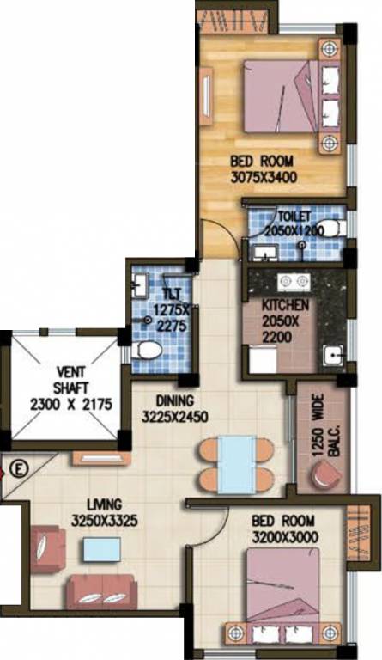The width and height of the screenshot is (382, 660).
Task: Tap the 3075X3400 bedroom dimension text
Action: pyautogui.click(x=264, y=177)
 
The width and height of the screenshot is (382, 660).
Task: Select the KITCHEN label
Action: pyautogui.click(x=285, y=305)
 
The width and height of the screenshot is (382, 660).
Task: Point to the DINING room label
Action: pyautogui.click(x=175, y=400)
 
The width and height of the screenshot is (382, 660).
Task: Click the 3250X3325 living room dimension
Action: pyautogui.click(x=104, y=521)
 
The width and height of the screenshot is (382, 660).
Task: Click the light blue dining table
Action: pyautogui.click(x=237, y=464)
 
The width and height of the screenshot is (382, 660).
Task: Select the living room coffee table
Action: pyautogui.click(x=102, y=549)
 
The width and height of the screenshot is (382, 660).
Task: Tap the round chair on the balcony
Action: pyautogui.click(x=325, y=474)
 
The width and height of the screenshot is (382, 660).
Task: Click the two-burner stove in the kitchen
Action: pyautogui.click(x=294, y=282)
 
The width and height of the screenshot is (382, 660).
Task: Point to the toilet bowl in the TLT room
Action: pyautogui.click(x=146, y=351)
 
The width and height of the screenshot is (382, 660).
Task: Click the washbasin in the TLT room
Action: pyautogui.click(x=139, y=283)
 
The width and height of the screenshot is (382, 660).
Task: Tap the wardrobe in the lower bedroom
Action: pyautogui.click(x=358, y=533)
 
